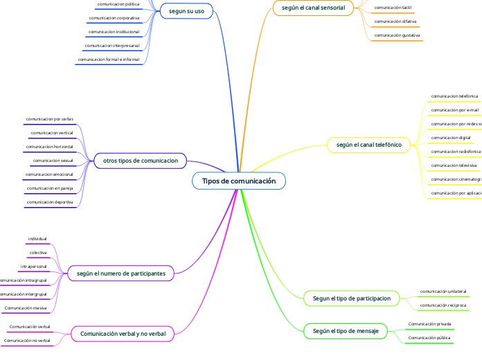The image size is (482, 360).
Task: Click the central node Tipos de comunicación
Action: (x=239, y=181)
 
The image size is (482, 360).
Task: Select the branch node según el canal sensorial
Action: (x=314, y=8)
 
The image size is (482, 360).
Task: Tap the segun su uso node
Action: (x=186, y=11)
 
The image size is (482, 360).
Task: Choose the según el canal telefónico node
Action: (x=368, y=145)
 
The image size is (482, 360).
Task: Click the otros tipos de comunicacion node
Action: (x=140, y=161)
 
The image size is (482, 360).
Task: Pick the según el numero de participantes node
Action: (x=121, y=274)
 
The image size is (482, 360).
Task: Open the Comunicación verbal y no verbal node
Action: (x=123, y=334)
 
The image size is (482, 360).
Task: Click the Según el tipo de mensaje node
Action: (x=346, y=332)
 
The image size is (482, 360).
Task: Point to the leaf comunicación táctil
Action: (x=393, y=8)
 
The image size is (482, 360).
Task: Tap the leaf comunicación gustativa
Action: (x=397, y=35)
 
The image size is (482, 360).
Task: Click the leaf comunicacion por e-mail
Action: (x=454, y=109)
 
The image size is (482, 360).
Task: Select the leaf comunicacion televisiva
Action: (x=454, y=165)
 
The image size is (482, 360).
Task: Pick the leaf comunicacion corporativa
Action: (x=114, y=17)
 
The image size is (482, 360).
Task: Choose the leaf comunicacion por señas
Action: (x=49, y=119)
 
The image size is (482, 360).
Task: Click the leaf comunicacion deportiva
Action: (x=49, y=201)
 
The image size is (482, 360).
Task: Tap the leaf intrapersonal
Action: (x=33, y=266)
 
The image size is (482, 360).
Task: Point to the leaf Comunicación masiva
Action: (x=26, y=307)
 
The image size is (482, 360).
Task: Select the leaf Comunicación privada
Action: (x=429, y=323)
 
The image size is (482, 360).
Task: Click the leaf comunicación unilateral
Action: (x=443, y=291)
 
